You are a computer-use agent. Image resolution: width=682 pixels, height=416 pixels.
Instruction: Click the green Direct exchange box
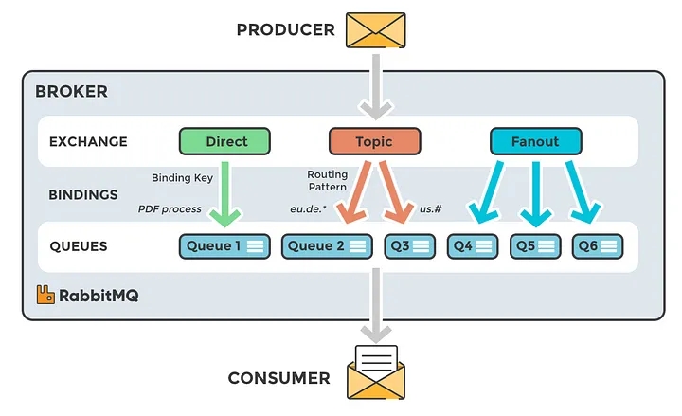pos(225,142)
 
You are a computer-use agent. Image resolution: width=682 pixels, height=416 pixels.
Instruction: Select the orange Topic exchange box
pos(373,142)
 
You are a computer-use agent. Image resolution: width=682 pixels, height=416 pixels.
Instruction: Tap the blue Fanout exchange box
pos(535,142)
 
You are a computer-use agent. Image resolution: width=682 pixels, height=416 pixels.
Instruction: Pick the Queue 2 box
pos(328,246)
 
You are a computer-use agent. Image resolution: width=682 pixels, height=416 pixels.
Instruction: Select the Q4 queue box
pos(472,246)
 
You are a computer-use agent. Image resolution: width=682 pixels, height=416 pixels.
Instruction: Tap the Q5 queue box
pos(534,246)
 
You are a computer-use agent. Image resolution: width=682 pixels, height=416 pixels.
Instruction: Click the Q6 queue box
pos(597,246)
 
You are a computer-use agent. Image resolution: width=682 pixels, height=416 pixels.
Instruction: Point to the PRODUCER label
pos(285,30)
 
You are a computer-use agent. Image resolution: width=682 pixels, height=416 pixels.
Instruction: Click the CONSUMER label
pos(278,378)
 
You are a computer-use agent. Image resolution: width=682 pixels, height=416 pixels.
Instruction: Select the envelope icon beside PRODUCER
pos(375,29)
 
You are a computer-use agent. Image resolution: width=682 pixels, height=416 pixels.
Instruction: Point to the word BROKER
pos(71,92)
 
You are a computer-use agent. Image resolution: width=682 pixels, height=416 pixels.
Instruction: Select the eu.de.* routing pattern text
pos(308,208)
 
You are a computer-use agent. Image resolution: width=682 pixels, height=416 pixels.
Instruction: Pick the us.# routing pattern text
pos(431,208)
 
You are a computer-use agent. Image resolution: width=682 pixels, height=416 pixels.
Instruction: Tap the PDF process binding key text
pos(170,208)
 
